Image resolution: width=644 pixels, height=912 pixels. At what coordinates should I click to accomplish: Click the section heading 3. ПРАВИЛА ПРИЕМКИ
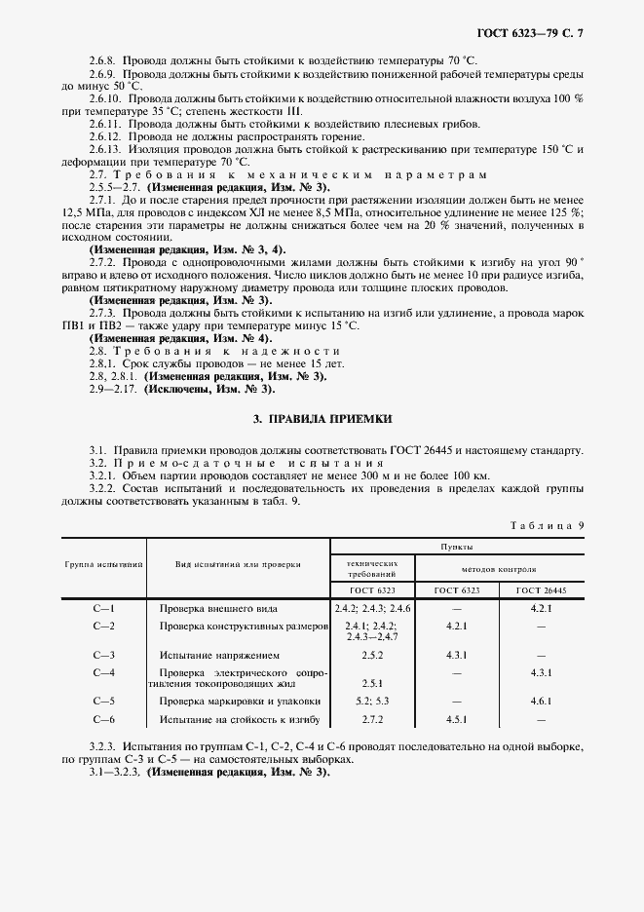click(x=322, y=418)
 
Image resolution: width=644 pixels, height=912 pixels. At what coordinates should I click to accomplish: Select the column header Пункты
click(x=457, y=548)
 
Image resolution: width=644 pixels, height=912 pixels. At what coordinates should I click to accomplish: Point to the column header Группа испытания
click(x=104, y=564)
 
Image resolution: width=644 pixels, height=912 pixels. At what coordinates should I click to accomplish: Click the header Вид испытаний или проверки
click(x=238, y=564)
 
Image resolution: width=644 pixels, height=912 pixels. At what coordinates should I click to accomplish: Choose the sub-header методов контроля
click(x=500, y=567)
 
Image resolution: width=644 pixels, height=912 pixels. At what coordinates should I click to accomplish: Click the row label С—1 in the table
click(x=103, y=608)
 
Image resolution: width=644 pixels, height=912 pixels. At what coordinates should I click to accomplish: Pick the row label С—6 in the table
click(x=103, y=720)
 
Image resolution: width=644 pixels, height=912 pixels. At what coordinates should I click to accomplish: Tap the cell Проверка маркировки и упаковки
click(x=240, y=702)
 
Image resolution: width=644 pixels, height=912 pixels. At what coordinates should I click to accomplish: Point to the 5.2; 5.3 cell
click(x=372, y=702)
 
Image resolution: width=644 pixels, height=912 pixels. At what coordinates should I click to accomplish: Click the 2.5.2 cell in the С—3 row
click(x=372, y=656)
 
